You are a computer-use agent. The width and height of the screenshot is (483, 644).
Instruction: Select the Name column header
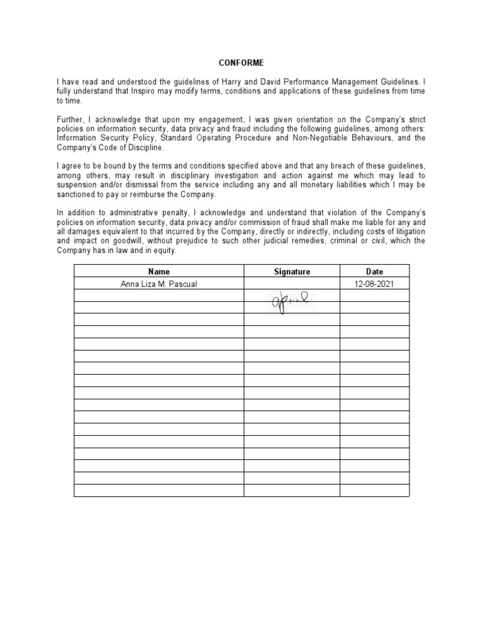159,272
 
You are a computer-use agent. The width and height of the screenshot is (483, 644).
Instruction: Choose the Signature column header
292,272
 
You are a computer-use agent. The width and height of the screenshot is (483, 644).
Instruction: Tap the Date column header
374,272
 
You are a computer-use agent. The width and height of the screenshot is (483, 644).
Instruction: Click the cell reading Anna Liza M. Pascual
159,284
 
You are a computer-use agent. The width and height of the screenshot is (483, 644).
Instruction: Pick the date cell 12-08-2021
374,284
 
